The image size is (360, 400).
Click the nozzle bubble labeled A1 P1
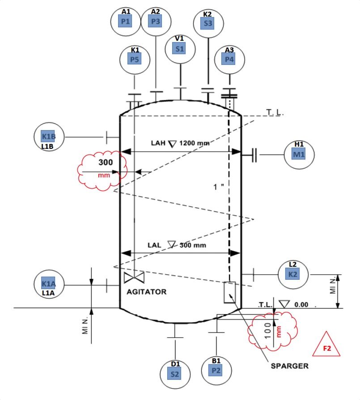point(126,20)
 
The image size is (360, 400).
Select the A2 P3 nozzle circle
point(156,20)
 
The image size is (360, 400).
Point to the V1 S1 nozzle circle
point(180,49)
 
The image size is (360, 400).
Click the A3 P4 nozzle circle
point(229,59)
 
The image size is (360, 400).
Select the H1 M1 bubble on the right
point(299,154)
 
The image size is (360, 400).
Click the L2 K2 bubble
point(293,274)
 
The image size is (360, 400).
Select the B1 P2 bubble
point(216,370)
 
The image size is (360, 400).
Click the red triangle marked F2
point(327,345)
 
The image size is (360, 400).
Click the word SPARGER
point(289,366)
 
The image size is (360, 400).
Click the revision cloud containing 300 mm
point(101,172)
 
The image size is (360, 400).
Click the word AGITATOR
point(147,292)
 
